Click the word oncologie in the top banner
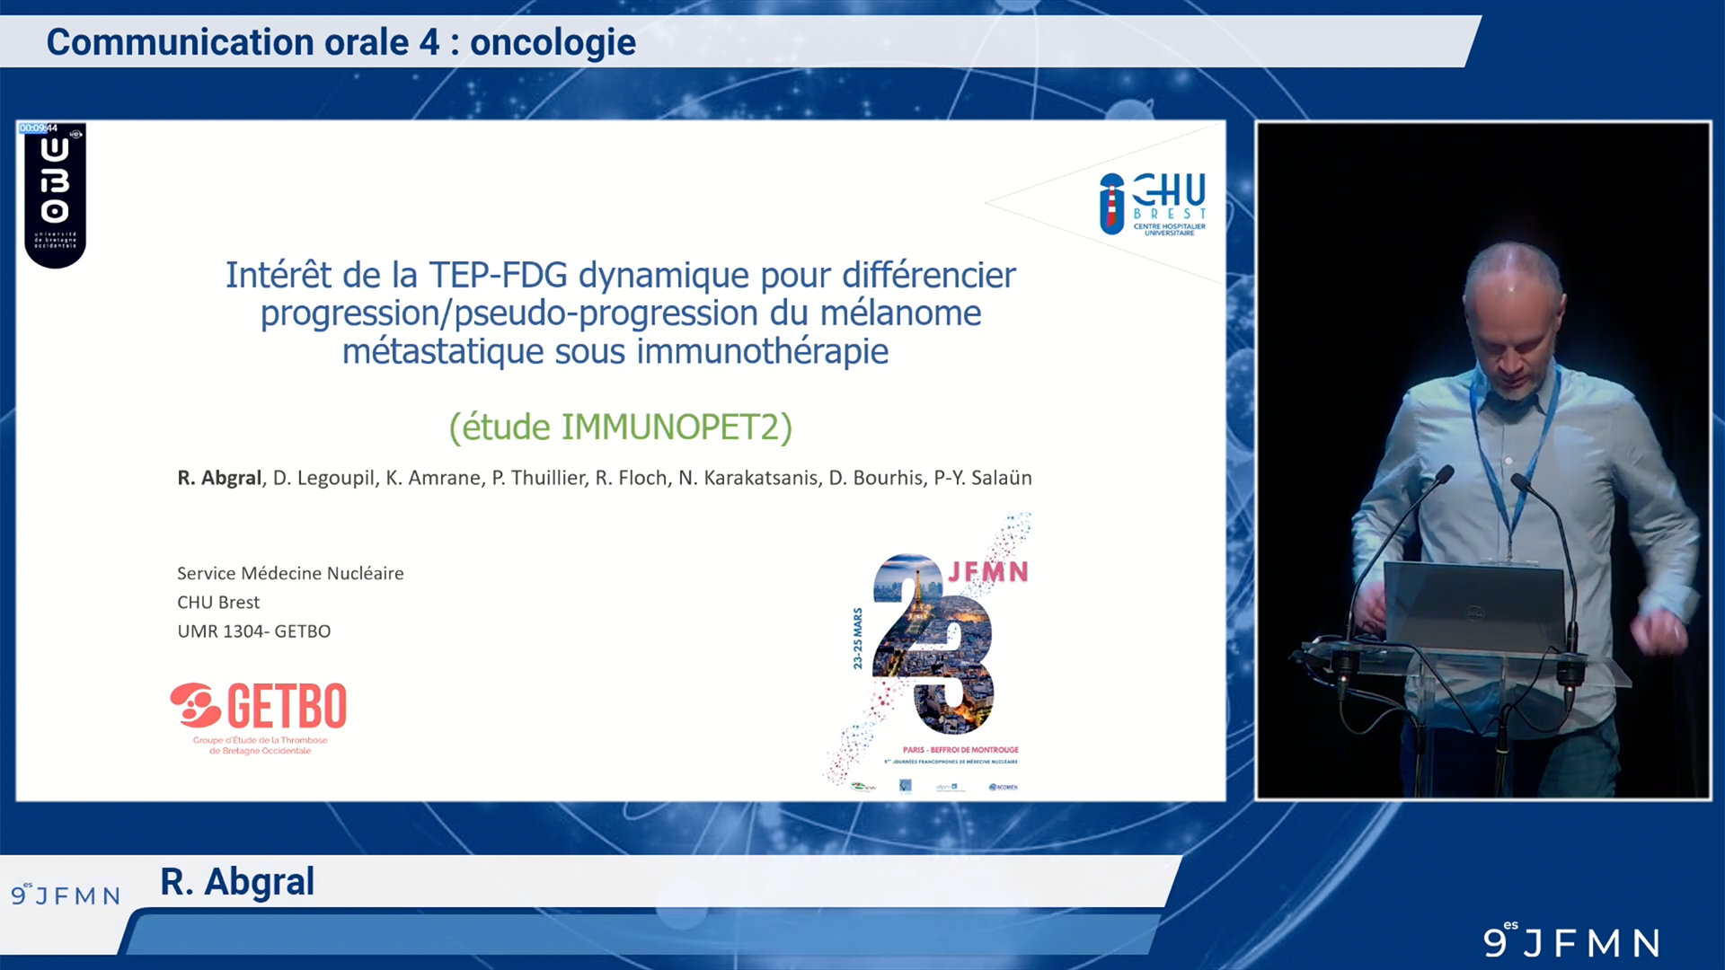click(553, 42)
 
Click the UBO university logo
click(55, 194)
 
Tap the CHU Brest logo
click(1153, 204)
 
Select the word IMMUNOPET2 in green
click(670, 427)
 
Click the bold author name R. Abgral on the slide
click(219, 478)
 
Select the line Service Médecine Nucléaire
click(290, 573)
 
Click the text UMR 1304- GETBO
click(253, 631)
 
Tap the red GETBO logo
click(259, 708)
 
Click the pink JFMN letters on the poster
click(988, 572)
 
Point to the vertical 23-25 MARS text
click(857, 639)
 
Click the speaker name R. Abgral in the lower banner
click(237, 882)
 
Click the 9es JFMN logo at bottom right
click(1570, 940)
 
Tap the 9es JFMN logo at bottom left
click(66, 895)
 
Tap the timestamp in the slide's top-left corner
click(39, 128)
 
